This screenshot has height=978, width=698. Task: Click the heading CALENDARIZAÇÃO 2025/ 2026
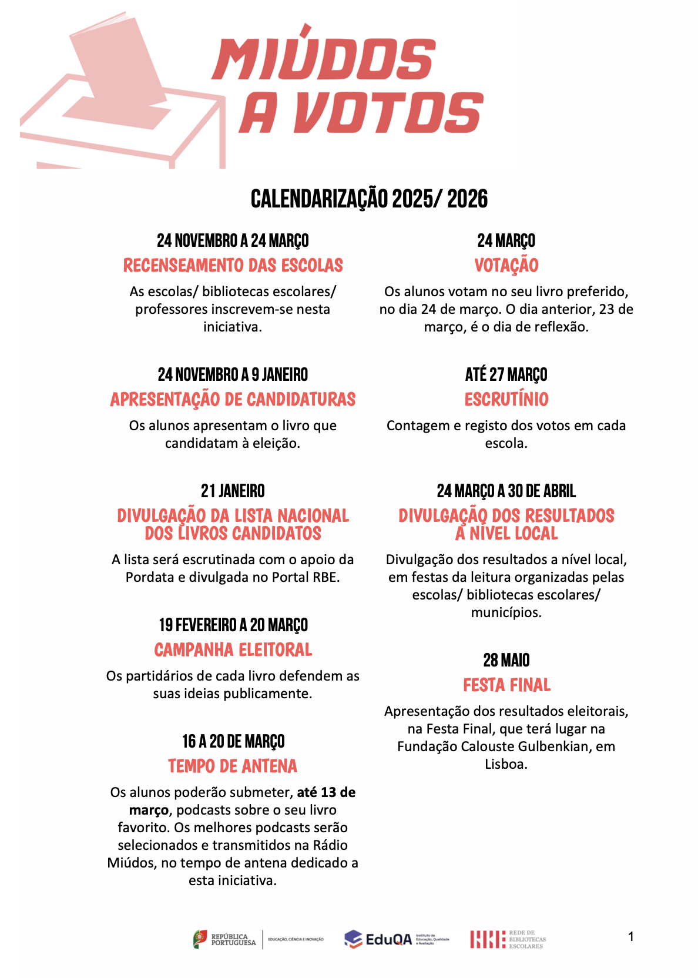coord(369,199)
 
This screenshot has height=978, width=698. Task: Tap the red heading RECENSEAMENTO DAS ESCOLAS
coord(233,266)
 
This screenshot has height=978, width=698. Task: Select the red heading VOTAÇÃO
coord(506,266)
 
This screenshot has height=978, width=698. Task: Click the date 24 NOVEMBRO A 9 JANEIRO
coord(233,374)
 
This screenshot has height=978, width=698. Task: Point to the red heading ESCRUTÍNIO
coord(506,400)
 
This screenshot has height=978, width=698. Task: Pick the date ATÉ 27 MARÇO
coord(506,374)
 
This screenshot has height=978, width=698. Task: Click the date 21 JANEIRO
coord(233,491)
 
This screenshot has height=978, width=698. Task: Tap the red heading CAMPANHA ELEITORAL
coord(233,650)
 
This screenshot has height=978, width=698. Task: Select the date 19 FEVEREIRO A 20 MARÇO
coord(233,625)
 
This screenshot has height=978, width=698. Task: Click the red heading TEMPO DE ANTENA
coord(233,766)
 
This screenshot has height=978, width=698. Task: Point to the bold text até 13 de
coord(326,792)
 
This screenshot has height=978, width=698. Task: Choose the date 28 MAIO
coord(506,660)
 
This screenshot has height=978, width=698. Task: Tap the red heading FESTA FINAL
coord(506,685)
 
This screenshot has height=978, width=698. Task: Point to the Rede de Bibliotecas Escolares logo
coord(508,939)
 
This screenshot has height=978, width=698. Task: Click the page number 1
coord(631,936)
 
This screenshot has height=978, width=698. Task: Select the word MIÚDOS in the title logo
coord(324,59)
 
